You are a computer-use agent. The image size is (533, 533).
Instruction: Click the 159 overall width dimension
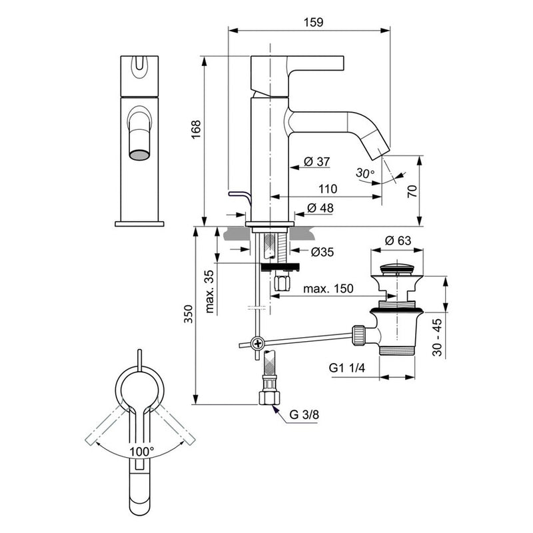314,22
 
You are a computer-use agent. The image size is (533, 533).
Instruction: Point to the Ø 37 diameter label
317,162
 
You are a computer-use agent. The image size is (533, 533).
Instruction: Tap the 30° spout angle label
364,173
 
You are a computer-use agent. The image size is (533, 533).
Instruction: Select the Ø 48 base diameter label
320,209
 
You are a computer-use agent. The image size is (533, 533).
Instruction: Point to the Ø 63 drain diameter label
398,241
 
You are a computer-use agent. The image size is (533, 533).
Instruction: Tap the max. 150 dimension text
328,289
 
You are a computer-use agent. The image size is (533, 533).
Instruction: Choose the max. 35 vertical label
210,292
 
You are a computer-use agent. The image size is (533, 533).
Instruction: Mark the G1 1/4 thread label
347,368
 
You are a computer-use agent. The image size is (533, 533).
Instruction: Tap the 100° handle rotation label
141,450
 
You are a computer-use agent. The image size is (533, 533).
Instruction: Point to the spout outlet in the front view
139,155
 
